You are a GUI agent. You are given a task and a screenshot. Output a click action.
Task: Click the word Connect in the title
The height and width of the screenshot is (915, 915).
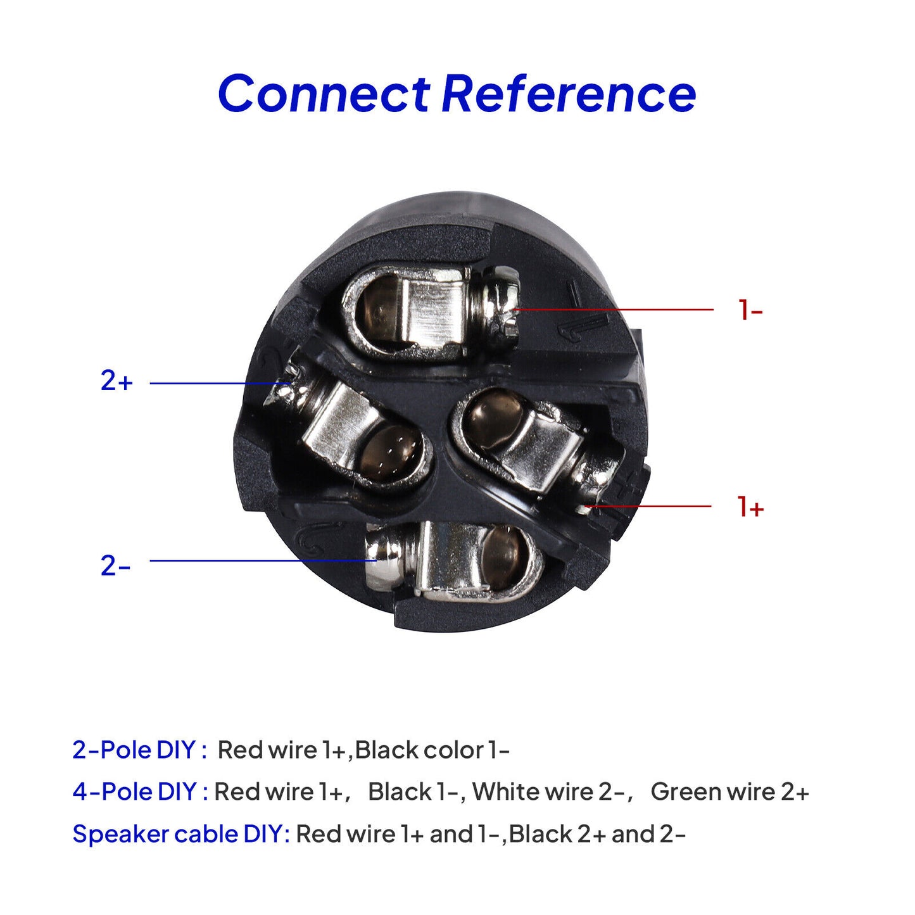(x=324, y=94)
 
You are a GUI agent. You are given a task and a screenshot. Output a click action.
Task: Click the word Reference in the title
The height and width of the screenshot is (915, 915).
(x=569, y=94)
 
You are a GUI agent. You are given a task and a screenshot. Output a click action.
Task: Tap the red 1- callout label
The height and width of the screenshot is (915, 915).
(x=750, y=310)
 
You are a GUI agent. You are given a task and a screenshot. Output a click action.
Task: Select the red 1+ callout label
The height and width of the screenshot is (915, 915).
(x=750, y=507)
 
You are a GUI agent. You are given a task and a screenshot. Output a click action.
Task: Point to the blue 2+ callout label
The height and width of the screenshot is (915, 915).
(x=117, y=381)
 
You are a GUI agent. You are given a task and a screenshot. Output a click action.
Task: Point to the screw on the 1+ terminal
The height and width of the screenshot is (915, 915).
(x=598, y=484)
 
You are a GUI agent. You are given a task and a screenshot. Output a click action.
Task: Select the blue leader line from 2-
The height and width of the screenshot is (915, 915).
(x=263, y=561)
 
